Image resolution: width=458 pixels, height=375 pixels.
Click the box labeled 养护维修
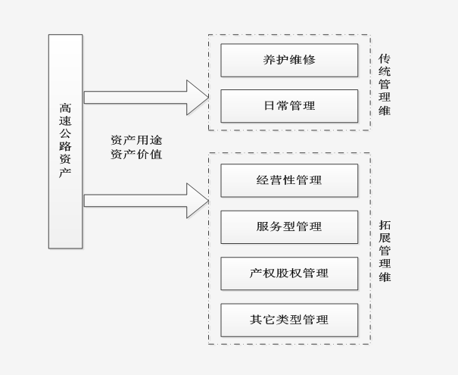(289, 60)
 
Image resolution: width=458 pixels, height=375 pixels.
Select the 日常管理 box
(289, 106)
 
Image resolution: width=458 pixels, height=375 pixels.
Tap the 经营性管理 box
(289, 180)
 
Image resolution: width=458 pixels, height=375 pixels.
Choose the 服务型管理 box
(289, 227)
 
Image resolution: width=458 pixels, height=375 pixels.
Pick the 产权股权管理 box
(289, 273)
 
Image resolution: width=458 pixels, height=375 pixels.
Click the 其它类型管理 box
(289, 320)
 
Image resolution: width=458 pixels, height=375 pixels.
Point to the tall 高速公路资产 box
(66, 141)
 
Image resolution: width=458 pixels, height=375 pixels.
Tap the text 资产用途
(136, 140)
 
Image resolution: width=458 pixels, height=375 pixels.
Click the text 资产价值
(136, 155)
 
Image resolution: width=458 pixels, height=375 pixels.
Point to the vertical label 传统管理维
(385, 84)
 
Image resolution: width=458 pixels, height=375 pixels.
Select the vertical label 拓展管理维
(385, 251)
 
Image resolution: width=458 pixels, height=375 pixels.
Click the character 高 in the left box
(66, 108)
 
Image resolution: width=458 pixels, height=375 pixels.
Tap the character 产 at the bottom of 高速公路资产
(66, 173)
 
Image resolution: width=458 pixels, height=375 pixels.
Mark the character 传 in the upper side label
(385, 59)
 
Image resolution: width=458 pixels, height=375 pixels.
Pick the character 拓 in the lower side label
(385, 226)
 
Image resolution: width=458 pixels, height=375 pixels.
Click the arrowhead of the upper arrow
(198, 97)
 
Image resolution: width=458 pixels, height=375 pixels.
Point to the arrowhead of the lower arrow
(198, 200)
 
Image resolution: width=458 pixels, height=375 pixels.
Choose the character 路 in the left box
(66, 147)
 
